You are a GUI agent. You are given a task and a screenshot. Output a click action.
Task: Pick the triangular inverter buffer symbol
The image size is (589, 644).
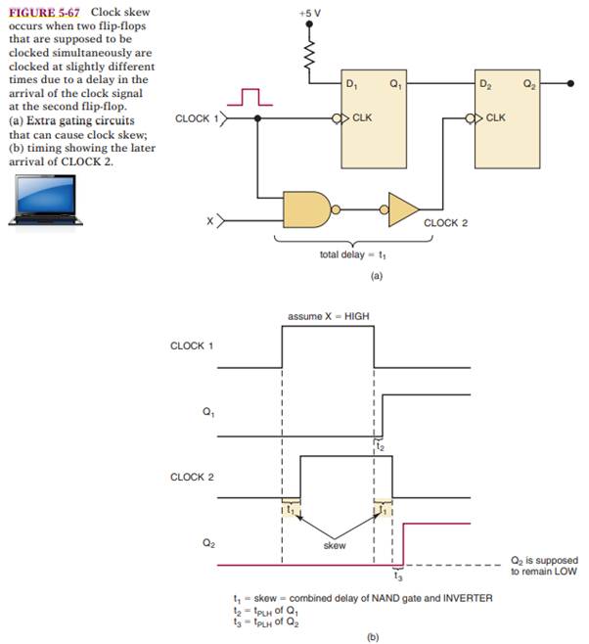point(402,208)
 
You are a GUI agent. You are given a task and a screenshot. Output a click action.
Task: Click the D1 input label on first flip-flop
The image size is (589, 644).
point(352,84)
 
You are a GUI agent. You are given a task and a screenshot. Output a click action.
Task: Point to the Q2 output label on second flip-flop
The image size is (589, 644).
point(530,84)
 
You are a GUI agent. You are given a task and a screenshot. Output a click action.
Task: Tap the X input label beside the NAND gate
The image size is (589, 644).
point(209,223)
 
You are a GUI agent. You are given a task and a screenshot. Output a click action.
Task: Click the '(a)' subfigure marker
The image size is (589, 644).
point(348,277)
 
